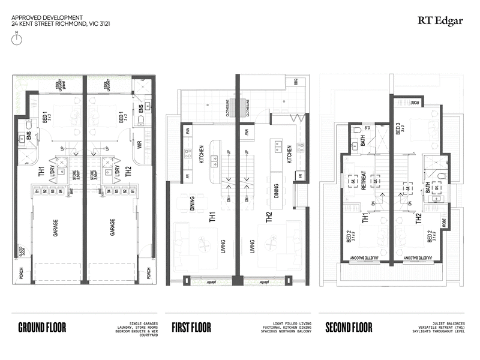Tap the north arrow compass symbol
[x=17, y=39]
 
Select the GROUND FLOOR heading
[x=42, y=328]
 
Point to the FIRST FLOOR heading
[x=191, y=328]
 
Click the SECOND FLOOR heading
[x=349, y=328]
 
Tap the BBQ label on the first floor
[x=295, y=81]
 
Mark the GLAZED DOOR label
[x=22, y=250]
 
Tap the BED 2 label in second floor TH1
[x=349, y=238]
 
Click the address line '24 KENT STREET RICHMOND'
[x=61, y=24]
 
